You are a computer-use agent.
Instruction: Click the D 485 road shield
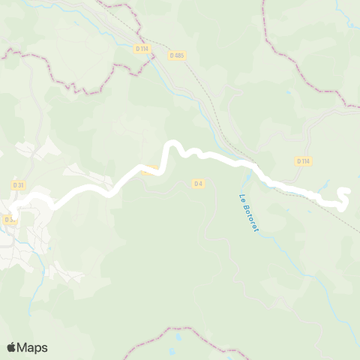177,55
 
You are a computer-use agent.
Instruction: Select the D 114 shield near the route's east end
303,160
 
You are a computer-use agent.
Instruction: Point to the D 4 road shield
198,182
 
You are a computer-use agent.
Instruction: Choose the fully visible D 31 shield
19,184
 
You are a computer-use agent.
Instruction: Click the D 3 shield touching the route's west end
9,220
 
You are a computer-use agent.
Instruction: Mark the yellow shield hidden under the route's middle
151,169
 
